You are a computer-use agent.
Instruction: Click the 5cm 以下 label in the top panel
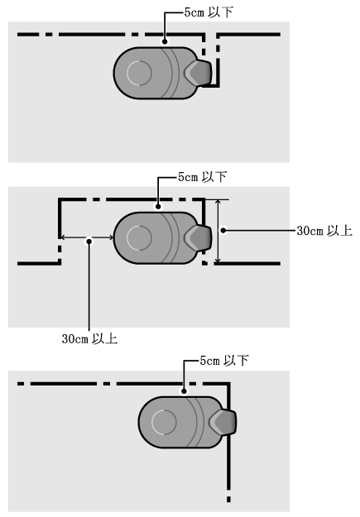coord(209,12)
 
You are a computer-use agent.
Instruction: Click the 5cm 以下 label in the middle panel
coord(202,177)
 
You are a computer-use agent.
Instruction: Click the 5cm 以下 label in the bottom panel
coord(224,361)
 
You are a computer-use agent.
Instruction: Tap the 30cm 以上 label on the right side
coord(324,231)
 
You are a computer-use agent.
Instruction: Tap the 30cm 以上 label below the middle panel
coord(89,338)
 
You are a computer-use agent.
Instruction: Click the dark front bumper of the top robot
coord(199,73)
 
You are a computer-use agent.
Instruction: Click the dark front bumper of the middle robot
coord(199,237)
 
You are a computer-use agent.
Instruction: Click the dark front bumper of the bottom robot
coord(223,422)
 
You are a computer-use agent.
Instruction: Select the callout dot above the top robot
coord(165,41)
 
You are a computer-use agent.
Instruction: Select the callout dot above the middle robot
coord(158,207)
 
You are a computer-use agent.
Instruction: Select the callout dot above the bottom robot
coord(184,391)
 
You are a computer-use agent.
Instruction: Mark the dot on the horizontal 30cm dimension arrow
coord(89,242)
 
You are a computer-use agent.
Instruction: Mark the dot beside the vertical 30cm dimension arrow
coord(223,230)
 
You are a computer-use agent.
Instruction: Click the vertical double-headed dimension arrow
coord(218,232)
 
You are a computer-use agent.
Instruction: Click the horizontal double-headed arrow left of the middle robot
coord(87,237)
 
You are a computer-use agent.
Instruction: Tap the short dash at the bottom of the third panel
coord(228,499)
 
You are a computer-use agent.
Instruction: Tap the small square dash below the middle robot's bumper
coord(205,263)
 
